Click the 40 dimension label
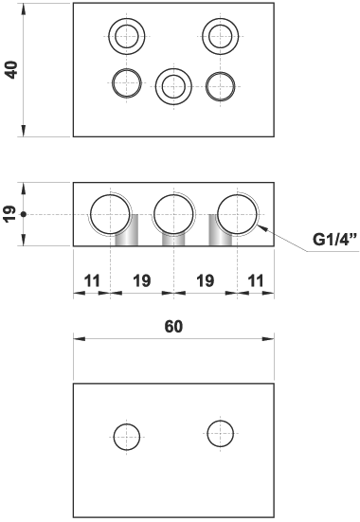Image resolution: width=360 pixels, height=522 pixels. [x=12, y=69]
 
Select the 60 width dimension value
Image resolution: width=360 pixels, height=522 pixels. [x=173, y=327]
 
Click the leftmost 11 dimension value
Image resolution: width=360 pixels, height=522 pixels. [x=91, y=281]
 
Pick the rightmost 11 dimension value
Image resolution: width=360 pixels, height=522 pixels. [x=256, y=281]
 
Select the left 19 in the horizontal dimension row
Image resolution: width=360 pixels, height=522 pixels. [x=142, y=281]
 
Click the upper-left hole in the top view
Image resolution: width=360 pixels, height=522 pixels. [x=124, y=38]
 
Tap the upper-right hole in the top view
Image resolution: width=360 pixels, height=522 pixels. [x=220, y=38]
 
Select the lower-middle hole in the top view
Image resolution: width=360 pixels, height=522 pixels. [x=171, y=86]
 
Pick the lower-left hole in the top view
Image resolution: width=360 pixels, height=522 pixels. [x=125, y=83]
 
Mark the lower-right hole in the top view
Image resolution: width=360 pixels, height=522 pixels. [x=219, y=84]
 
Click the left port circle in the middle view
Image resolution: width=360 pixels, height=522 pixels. [x=111, y=215]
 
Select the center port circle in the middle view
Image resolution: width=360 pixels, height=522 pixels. [x=173, y=215]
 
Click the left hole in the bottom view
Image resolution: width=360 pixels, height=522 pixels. [x=127, y=438]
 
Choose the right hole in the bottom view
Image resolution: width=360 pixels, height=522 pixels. [x=220, y=434]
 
